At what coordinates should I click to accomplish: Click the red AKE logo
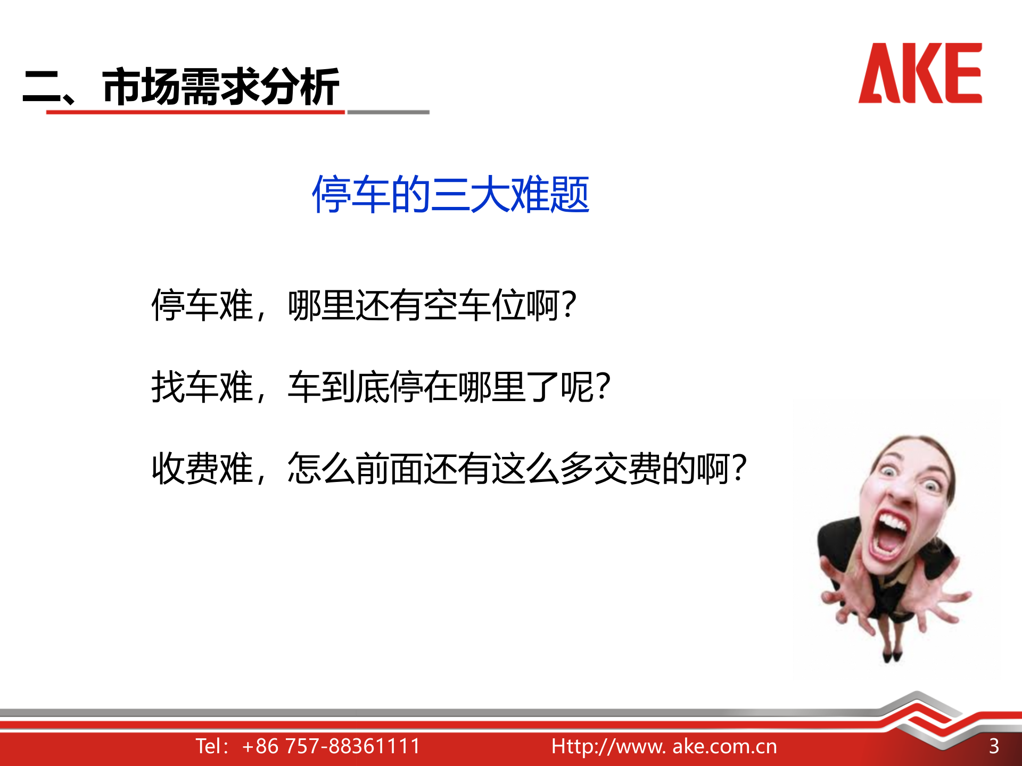(920, 73)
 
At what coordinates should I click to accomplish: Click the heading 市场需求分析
(220, 86)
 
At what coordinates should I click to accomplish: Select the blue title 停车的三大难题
(450, 195)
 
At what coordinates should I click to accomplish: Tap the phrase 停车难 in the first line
(202, 305)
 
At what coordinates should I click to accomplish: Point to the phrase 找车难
(202, 387)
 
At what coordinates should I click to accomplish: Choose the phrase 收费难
(202, 469)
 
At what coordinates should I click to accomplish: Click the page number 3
(994, 746)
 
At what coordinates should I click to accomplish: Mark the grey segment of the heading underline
(388, 112)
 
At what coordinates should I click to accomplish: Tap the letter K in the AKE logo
(921, 73)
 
